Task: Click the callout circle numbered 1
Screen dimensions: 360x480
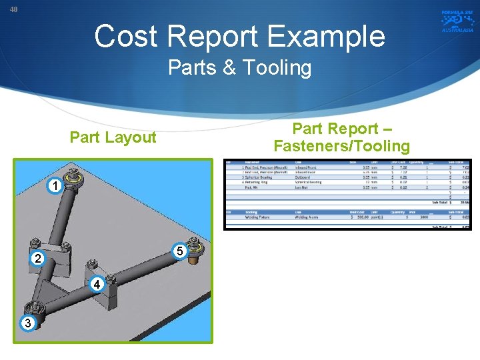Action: tap(57, 185)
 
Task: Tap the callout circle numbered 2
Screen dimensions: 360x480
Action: tap(38, 258)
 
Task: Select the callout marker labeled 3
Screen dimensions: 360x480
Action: tap(26, 323)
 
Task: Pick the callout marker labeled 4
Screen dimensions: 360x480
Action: tap(97, 285)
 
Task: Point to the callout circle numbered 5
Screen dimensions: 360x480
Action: tap(179, 251)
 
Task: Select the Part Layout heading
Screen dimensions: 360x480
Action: tap(113, 137)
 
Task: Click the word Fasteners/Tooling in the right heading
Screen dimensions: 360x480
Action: tap(341, 146)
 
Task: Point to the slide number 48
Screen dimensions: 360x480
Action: tap(14, 9)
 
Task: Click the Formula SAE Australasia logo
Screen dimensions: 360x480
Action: tap(457, 21)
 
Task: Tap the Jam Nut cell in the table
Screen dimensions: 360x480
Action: tap(306, 188)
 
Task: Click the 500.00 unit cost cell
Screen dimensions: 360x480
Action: tap(363, 217)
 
